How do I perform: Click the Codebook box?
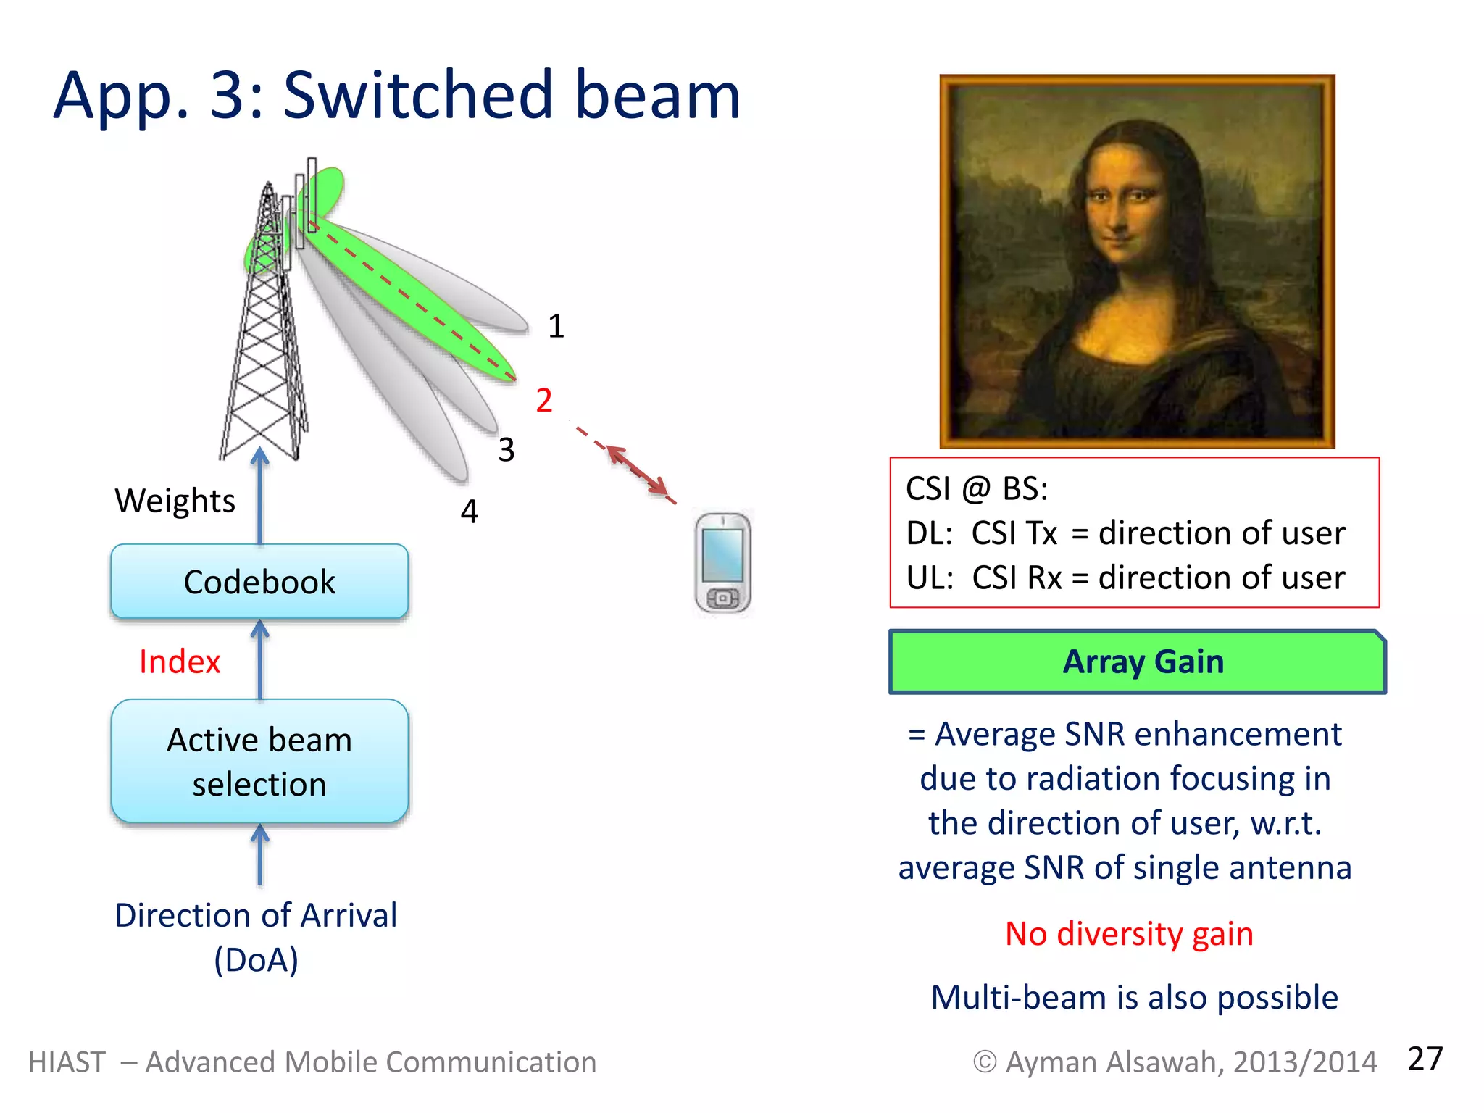click(259, 582)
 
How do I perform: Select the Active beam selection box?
click(259, 762)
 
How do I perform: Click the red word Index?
click(179, 662)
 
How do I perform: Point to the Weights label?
click(175, 501)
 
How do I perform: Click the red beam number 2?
click(544, 401)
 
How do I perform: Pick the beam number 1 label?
click(556, 326)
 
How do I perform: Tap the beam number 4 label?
click(470, 512)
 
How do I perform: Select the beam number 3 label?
click(507, 450)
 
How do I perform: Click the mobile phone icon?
click(722, 563)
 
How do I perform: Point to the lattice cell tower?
click(265, 341)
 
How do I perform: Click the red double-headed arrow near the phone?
click(637, 471)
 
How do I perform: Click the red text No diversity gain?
click(1129, 934)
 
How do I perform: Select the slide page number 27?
click(1425, 1059)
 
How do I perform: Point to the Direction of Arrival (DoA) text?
click(256, 937)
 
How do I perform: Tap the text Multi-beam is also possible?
click(1134, 998)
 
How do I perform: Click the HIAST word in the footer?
click(67, 1062)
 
